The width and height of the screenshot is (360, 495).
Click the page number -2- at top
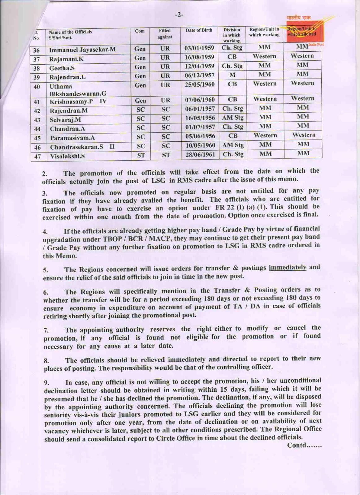coord(179,14)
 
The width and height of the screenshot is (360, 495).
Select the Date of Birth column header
coord(199,30)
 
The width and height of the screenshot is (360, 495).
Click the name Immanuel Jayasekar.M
coord(82,49)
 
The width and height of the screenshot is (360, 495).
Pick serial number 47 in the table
coord(37,157)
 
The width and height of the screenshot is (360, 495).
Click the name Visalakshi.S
coord(67,156)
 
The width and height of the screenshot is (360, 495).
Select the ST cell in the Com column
coord(141,155)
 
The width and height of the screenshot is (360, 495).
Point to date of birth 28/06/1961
coord(200,154)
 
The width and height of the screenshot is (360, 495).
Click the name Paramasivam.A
coord(72,138)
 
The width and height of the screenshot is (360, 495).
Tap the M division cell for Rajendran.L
coord(232,75)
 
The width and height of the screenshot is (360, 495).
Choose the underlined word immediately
coord(287,267)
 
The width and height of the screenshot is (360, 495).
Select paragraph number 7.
coord(46,331)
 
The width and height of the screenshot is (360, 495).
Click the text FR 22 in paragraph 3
coord(223,208)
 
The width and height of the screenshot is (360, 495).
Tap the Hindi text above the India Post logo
coord(298,18)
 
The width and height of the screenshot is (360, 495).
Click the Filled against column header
coord(165,34)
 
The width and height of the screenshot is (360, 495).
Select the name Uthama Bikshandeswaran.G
coord(78,90)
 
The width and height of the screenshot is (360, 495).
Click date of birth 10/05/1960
coord(200,145)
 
